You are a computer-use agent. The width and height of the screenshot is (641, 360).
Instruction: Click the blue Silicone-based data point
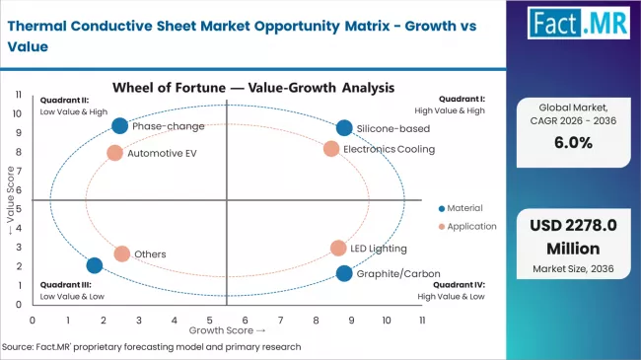pyautogui.click(x=343, y=127)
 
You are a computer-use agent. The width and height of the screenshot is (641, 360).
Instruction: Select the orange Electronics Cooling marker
pyautogui.click(x=331, y=149)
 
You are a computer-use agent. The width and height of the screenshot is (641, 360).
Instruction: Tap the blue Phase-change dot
pyautogui.click(x=119, y=125)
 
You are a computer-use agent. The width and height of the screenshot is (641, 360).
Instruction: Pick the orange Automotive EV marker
pyautogui.click(x=114, y=153)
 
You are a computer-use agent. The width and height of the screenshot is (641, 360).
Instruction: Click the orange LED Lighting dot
pyautogui.click(x=338, y=249)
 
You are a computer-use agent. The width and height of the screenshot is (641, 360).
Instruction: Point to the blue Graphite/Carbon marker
pyautogui.click(x=343, y=273)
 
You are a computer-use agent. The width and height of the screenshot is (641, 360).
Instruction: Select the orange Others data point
pyautogui.click(x=121, y=253)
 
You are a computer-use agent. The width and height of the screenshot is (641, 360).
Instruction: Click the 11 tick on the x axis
pyautogui.click(x=422, y=321)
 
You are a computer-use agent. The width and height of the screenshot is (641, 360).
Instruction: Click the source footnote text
pyautogui.click(x=153, y=347)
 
